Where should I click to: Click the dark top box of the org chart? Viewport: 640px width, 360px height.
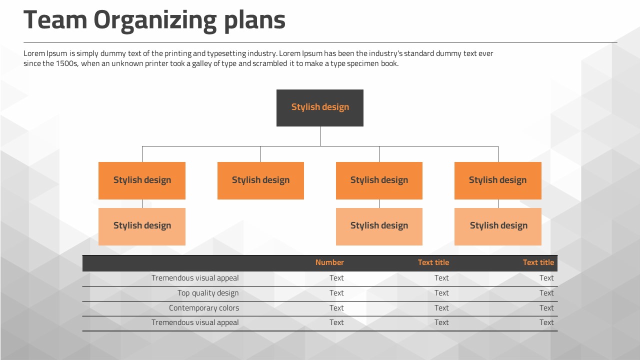pyautogui.click(x=319, y=107)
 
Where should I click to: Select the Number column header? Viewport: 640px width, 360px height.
pyautogui.click(x=329, y=262)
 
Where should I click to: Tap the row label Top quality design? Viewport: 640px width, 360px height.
pyautogui.click(x=208, y=293)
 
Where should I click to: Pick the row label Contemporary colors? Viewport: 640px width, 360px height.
pyautogui.click(x=204, y=307)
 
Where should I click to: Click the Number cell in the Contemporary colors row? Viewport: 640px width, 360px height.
pyautogui.click(x=336, y=307)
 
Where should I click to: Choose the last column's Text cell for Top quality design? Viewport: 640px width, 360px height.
pyautogui.click(x=546, y=293)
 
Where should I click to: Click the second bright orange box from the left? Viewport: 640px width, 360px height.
pyautogui.click(x=260, y=180)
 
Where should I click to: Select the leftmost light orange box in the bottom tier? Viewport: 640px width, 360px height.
pyautogui.click(x=142, y=226)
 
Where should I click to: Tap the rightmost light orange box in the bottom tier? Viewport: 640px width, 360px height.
pyautogui.click(x=497, y=226)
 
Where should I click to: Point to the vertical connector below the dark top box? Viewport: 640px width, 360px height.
pyautogui.click(x=320, y=136)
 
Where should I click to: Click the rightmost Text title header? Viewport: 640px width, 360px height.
pyautogui.click(x=538, y=262)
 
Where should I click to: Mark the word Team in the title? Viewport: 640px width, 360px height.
pyautogui.click(x=55, y=19)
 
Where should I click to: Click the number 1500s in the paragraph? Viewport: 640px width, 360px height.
pyautogui.click(x=67, y=63)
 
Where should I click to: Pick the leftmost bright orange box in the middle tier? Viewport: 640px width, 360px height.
pyautogui.click(x=142, y=180)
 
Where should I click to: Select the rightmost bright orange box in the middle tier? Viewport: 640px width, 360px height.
pyautogui.click(x=497, y=180)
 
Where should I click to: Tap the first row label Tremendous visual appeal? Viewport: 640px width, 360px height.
pyautogui.click(x=195, y=278)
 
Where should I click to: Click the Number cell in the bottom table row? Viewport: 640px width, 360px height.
pyautogui.click(x=336, y=322)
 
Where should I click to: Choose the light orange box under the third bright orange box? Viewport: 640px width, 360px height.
pyautogui.click(x=379, y=226)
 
